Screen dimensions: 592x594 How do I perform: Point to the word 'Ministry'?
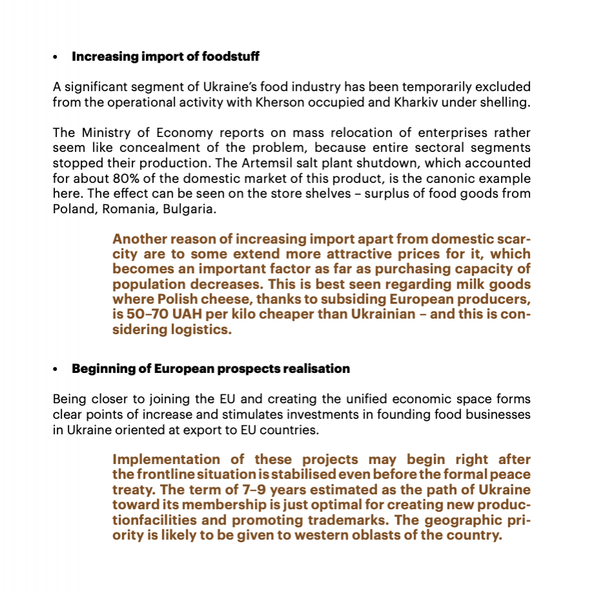pyautogui.click(x=109, y=132)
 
